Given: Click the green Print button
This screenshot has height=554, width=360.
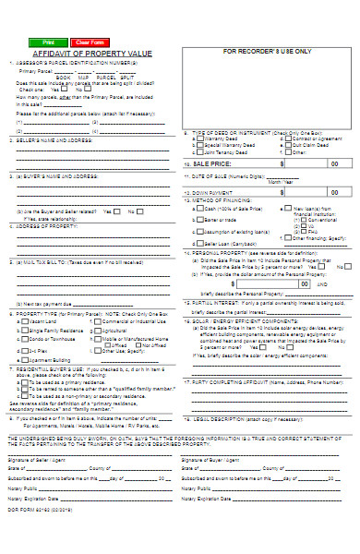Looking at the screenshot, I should click(x=48, y=42).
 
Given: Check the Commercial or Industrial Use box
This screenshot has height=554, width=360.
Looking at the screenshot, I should click(x=97, y=321).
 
